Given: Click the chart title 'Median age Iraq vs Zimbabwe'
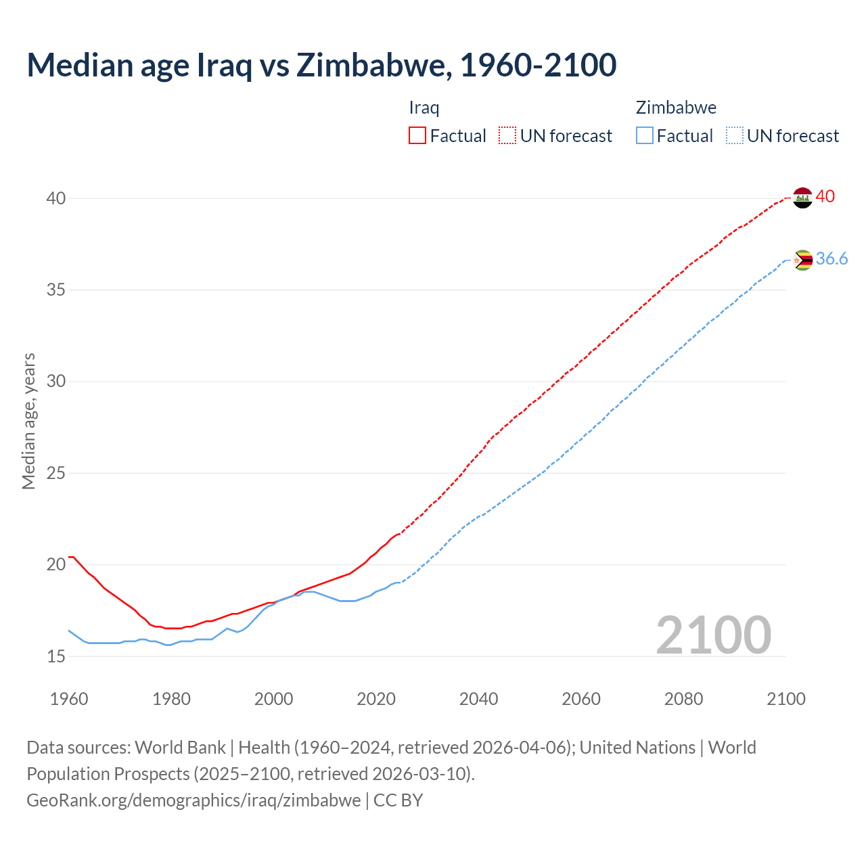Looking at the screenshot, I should (321, 65).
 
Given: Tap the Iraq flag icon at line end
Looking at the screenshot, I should (802, 198).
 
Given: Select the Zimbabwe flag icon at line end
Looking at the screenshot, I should (802, 260).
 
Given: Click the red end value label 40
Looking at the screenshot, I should (825, 197).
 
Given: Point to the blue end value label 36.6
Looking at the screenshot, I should (831, 259).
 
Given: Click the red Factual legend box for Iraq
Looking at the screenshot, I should (417, 136).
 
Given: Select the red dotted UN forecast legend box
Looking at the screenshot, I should (507, 136).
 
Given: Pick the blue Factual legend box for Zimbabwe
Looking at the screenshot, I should (645, 136).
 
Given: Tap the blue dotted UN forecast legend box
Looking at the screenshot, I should (734, 136).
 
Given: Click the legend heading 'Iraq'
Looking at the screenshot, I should (424, 108).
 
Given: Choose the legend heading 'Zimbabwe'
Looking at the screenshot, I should (676, 108).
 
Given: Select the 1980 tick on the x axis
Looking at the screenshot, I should (171, 699).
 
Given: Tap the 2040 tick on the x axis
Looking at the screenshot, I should (478, 699).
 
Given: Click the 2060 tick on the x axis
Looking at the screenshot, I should (581, 699).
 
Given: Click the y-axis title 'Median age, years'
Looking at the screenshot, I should (28, 421).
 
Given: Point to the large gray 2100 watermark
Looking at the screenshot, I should (713, 635).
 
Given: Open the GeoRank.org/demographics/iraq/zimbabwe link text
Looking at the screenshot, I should (193, 800).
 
